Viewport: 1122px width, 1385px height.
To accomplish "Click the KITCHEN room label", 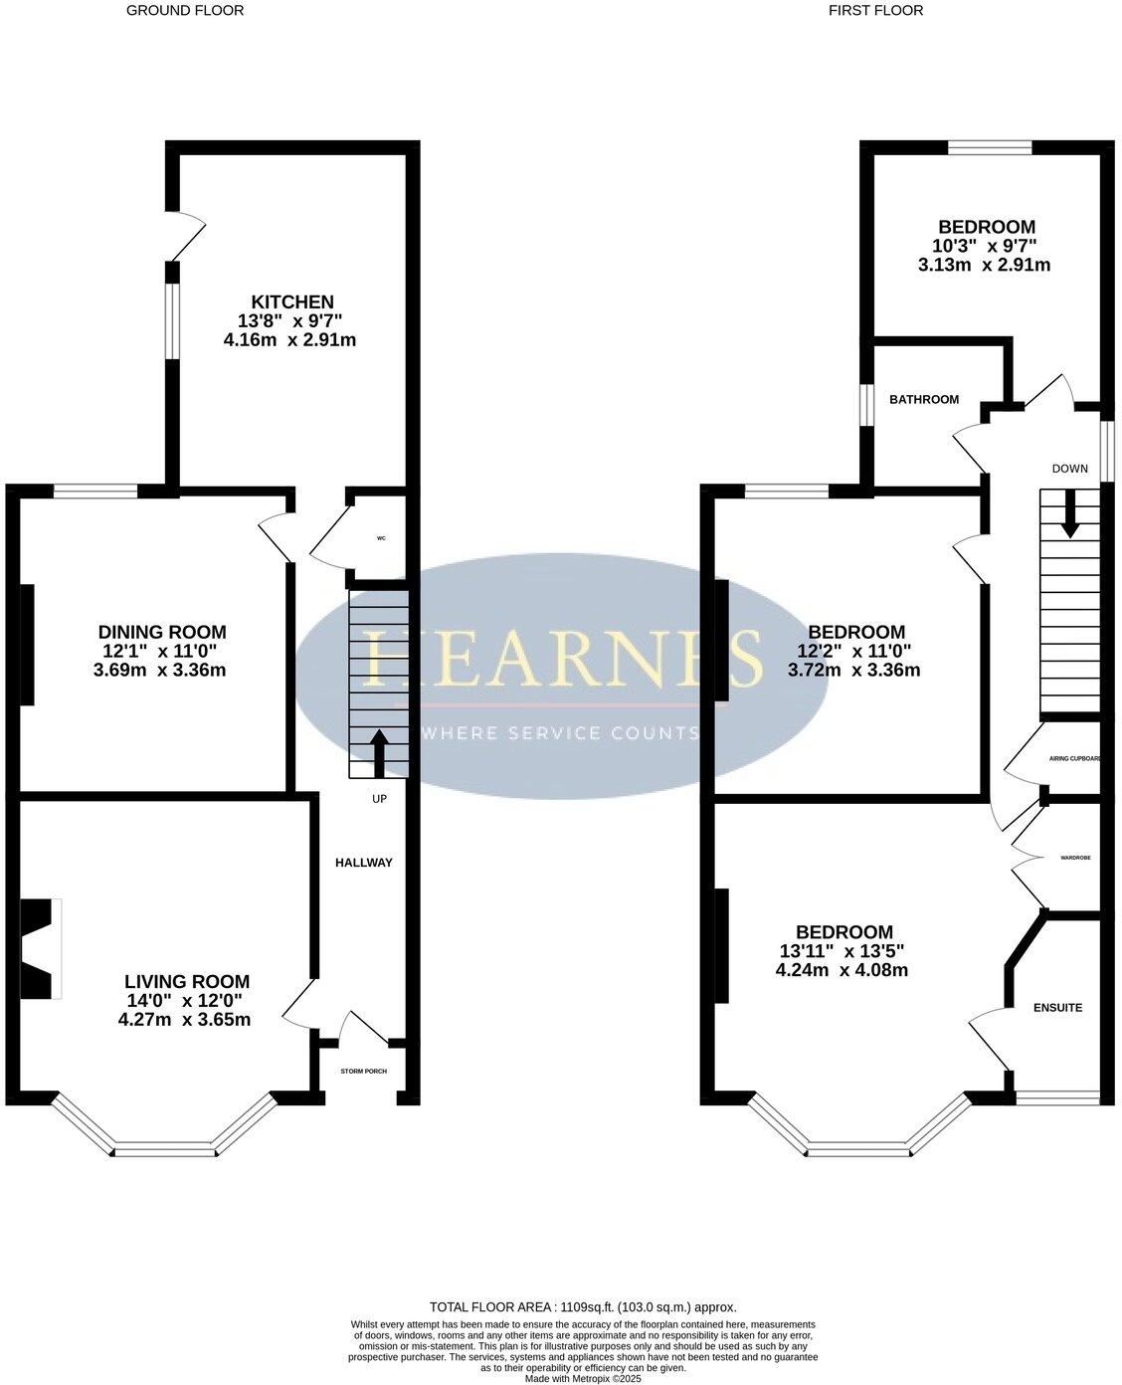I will (291, 301).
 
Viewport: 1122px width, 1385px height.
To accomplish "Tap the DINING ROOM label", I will (162, 632).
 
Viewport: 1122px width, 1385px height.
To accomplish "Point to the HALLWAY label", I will (363, 863).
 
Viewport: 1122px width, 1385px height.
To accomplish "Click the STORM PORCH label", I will (363, 1072).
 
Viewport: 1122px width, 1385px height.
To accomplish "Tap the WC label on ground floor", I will (381, 538).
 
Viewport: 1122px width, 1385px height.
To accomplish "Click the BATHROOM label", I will (924, 400).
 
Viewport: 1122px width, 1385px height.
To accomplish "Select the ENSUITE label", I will (1057, 1008).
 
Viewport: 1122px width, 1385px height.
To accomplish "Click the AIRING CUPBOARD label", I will (1074, 759).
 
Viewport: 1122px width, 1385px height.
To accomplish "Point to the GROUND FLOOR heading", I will (185, 11).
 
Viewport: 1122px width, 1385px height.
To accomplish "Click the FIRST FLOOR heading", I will (875, 11).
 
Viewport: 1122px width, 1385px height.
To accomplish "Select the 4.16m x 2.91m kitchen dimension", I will (290, 340).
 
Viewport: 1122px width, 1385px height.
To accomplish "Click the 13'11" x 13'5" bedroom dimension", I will (841, 951).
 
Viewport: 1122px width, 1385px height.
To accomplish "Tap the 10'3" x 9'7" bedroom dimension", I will (984, 246).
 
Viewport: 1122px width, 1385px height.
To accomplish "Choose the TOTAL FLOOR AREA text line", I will (583, 1307).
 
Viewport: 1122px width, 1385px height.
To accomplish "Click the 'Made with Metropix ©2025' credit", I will (583, 1378).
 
